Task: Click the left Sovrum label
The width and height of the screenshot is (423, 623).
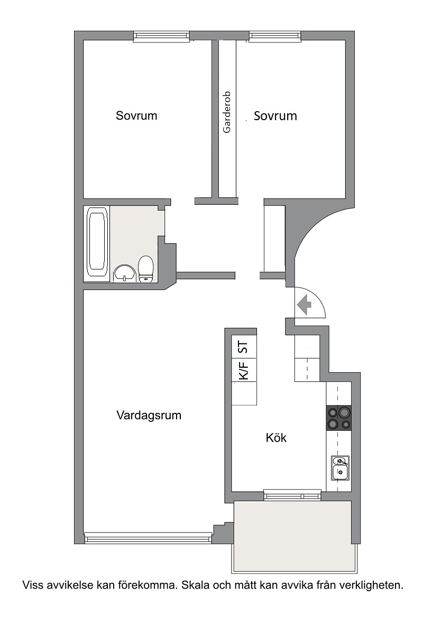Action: tap(136, 115)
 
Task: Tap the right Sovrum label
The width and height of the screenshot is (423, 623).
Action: tap(275, 115)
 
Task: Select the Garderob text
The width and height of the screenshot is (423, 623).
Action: tap(227, 112)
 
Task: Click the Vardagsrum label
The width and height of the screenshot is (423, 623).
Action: tap(149, 415)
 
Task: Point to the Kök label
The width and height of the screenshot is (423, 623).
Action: tap(276, 437)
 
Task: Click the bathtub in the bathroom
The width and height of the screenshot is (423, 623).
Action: tap(97, 243)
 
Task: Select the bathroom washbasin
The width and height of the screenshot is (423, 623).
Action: tap(125, 273)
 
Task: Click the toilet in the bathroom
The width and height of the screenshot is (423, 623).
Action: tap(145, 269)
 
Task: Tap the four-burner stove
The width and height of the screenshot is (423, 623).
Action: tap(338, 418)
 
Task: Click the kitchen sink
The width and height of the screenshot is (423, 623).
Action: tap(340, 468)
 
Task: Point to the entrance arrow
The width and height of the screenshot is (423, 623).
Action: tap(305, 305)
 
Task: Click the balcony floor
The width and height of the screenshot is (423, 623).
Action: tap(293, 536)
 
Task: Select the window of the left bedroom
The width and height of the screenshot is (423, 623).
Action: tap(161, 37)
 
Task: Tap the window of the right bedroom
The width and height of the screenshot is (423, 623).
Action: tap(275, 37)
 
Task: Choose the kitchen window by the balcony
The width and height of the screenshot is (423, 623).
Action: tap(292, 496)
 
